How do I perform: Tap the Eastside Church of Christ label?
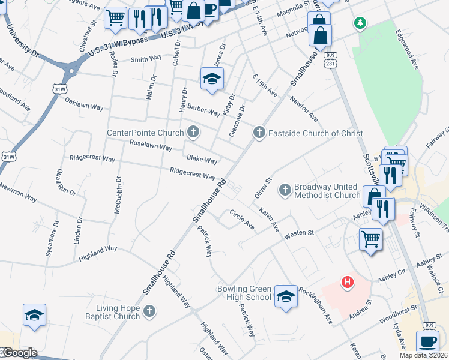pos(315,133)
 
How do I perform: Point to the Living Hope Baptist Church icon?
pos(149,311)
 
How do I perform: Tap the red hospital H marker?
pos(346,281)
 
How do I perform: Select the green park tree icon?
pos(360,23)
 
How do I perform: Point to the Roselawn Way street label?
pos(151,145)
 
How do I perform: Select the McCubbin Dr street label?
pos(118,195)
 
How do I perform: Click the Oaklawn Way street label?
pos(84,103)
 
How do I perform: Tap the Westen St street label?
pos(299,232)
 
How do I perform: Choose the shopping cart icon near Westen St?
pos(370,239)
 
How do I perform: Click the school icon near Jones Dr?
pos(211,80)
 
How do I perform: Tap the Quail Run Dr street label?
pos(65,182)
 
